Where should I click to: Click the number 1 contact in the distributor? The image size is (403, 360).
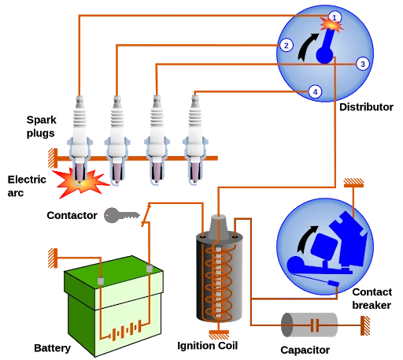tap(335, 17)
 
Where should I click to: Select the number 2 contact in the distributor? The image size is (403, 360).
tap(287, 45)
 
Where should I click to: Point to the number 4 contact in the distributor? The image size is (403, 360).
tap(316, 91)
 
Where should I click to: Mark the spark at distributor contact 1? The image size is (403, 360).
tap(333, 26)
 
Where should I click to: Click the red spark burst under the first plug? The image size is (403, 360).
tap(81, 183)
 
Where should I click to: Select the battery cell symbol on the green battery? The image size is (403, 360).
tap(124, 327)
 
